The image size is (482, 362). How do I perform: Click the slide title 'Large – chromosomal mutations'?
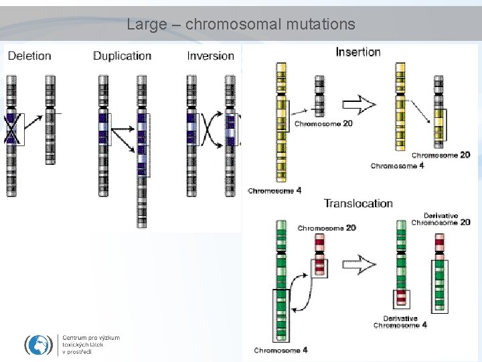[241, 25]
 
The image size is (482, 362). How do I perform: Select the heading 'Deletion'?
[29, 56]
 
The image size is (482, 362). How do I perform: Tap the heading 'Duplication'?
[122, 56]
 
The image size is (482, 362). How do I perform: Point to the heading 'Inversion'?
[210, 56]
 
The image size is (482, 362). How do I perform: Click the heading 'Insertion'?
[358, 52]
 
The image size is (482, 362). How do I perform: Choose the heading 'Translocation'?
[358, 203]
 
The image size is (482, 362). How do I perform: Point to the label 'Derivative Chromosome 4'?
[400, 322]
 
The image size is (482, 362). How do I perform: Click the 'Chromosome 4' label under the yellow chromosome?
[274, 191]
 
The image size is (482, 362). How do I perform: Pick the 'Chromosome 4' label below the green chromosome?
[280, 350]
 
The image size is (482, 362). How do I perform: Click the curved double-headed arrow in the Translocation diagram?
[306, 295]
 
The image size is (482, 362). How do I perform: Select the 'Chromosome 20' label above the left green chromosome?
[327, 228]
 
